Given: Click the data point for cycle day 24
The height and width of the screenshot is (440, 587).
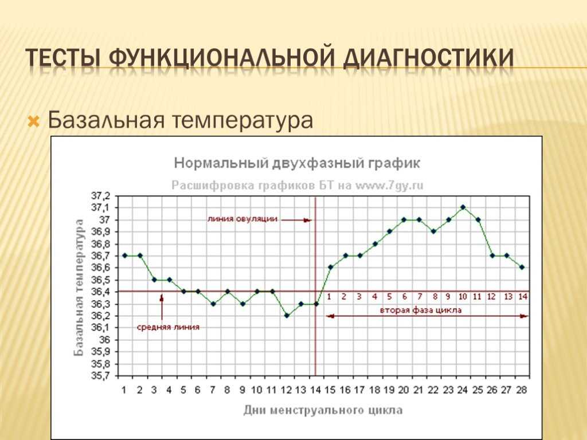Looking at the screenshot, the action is [x=463, y=207].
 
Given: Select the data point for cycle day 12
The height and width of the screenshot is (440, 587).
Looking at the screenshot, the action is [x=287, y=316].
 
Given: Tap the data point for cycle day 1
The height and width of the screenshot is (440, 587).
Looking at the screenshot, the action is [x=125, y=256].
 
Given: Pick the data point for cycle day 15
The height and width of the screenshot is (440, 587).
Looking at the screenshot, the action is [x=331, y=267].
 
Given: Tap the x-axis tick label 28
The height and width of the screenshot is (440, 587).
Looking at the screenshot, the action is [x=522, y=390].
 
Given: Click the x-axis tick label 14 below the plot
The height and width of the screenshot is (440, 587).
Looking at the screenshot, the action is [x=316, y=390].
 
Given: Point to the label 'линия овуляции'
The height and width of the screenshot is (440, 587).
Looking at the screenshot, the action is [x=242, y=219].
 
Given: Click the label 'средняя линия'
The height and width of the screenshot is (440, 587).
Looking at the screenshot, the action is [x=168, y=327].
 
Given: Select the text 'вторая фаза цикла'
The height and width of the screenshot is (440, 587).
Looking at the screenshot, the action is [x=421, y=310].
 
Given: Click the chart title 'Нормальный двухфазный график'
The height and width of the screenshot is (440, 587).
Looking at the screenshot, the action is [x=298, y=163].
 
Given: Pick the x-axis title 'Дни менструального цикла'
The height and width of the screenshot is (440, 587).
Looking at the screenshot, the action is [x=323, y=410].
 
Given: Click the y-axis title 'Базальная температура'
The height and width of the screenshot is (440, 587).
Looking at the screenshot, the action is [x=79, y=288].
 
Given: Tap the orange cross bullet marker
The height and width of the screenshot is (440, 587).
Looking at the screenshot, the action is [x=34, y=121].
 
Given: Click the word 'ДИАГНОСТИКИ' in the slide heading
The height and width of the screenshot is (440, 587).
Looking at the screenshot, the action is [x=428, y=59].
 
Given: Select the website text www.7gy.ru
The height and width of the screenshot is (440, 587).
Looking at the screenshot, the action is [x=389, y=186].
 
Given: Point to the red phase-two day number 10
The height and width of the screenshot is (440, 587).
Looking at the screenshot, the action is [x=463, y=297].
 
